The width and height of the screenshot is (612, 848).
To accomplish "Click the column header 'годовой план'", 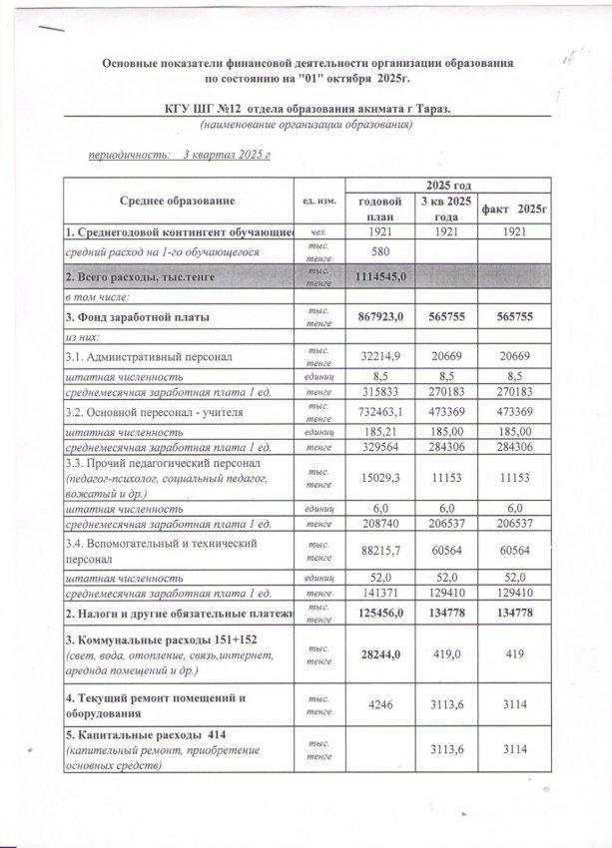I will click(x=378, y=208).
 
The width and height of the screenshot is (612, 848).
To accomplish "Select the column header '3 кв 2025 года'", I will click(x=446, y=208).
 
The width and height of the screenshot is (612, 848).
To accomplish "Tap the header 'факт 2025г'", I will click(x=516, y=208).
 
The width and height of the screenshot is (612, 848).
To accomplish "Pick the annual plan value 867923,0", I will click(x=378, y=317).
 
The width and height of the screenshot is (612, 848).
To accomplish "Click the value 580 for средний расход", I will click(x=378, y=253).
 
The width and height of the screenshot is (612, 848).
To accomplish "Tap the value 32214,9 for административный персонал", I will click(x=378, y=356).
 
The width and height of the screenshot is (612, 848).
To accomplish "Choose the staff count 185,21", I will click(x=378, y=433).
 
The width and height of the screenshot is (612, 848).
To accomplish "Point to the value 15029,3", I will click(x=378, y=479).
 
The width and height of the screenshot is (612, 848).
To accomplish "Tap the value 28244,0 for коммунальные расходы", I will click(x=378, y=651).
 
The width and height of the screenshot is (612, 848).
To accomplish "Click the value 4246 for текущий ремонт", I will click(x=378, y=705).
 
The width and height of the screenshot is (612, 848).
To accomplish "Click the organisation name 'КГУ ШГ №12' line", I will click(x=306, y=108).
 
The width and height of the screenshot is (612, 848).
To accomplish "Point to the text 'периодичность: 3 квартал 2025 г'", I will click(x=180, y=156).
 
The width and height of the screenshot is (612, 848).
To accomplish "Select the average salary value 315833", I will click(x=378, y=393).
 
